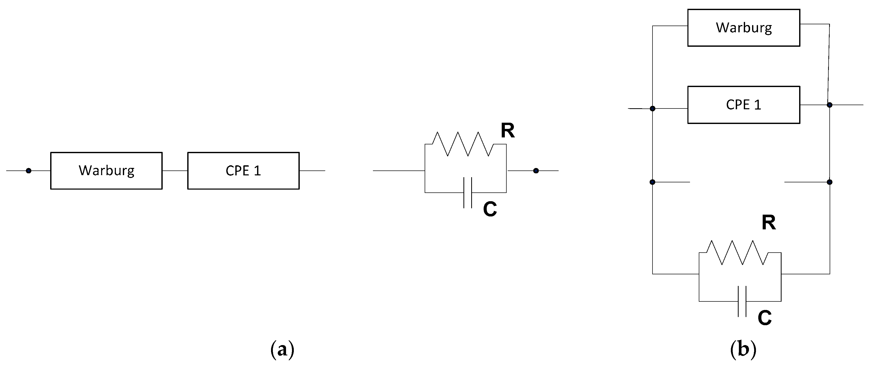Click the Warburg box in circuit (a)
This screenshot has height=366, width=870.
106,171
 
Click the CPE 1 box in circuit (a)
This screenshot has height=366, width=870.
243,171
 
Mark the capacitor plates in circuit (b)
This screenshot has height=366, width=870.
742,301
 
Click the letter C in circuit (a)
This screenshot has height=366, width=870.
490,209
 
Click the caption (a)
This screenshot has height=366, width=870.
282,350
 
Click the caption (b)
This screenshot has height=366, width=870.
743,350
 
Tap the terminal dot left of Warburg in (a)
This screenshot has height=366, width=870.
29,171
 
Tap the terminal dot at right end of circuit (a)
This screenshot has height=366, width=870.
536,171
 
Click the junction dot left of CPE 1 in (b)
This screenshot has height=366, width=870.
652,109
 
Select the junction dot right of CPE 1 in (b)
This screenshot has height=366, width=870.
829,105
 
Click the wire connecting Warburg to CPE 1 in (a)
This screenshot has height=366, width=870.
175,171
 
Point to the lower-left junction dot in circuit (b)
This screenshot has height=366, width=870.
652,182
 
